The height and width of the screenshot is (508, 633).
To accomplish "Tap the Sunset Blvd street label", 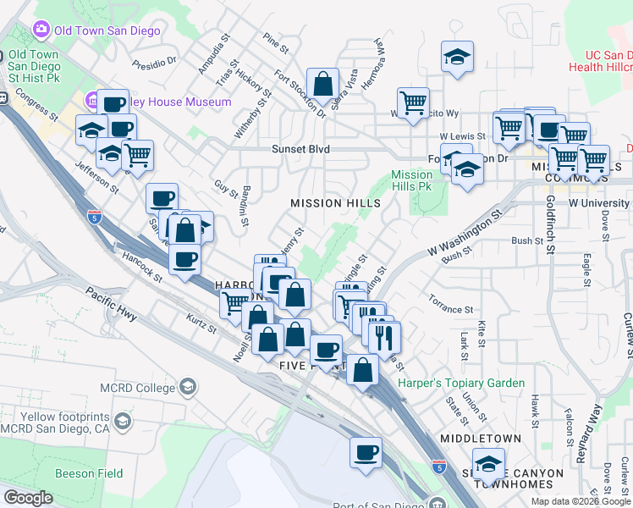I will point(300,149).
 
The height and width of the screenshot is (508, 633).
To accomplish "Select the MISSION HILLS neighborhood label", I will point(335,203).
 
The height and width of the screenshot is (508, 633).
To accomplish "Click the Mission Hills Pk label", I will point(412,180).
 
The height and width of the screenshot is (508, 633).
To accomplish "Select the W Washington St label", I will point(460,239).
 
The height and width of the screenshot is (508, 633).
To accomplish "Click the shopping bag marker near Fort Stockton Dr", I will point(322,84).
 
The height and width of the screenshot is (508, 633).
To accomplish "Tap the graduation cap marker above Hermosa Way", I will point(457,57).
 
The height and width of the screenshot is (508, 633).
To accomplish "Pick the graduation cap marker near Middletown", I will point(487,464).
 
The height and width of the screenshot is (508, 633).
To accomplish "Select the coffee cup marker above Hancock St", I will point(184,259).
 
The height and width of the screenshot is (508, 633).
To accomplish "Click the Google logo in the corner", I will point(27,498).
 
